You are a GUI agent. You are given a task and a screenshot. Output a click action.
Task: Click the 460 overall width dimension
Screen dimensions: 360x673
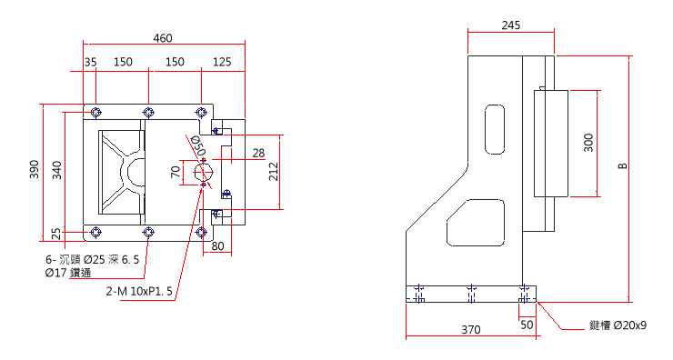(163, 38)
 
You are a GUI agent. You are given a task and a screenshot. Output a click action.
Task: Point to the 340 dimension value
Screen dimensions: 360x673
(57, 169)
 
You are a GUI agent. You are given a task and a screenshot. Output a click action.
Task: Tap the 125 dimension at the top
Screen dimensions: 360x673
(221, 62)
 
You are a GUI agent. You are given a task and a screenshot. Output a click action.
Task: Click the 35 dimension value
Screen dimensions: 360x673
(90, 62)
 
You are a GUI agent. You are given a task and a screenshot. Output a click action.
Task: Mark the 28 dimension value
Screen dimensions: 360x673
(258, 152)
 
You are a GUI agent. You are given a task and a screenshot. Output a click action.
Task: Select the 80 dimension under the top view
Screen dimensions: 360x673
(217, 246)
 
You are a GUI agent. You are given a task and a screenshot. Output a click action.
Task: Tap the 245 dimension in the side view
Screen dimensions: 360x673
(511, 25)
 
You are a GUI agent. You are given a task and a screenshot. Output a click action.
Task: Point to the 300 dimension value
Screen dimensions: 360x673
(588, 143)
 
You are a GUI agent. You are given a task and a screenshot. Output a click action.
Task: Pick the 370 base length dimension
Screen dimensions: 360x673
(470, 330)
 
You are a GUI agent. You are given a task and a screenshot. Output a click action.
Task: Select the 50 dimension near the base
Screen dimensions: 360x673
(527, 323)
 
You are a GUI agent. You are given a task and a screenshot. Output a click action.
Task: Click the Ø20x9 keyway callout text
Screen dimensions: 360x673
(618, 325)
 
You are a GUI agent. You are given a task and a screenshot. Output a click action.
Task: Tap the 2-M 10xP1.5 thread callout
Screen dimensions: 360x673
(138, 292)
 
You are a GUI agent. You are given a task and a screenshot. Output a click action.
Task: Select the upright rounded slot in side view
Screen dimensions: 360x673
(494, 130)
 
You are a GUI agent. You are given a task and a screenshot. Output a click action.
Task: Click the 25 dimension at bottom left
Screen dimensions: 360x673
(57, 235)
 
